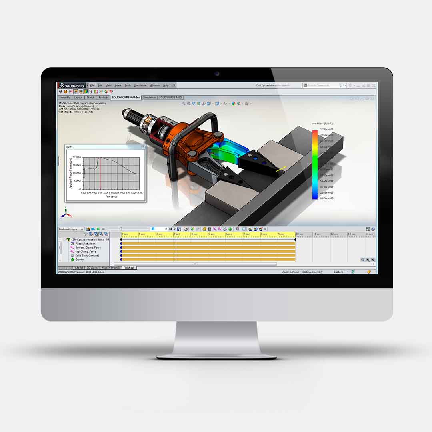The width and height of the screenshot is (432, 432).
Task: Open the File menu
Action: [92, 86]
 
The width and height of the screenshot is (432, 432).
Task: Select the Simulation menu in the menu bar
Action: [140, 86]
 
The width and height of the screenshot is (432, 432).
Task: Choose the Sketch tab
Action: [91, 97]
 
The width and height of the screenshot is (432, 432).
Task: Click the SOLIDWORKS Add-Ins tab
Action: [126, 97]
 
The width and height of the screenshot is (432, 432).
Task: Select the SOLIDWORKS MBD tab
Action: [171, 97]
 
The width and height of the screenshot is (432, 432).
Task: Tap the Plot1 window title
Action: [70, 147]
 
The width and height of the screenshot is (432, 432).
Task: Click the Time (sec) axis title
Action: [111, 196]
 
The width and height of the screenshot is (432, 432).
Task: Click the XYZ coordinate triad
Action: [66, 213]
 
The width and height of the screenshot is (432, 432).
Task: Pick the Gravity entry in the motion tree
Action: [80, 260]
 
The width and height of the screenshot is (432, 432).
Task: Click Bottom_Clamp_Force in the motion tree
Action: [88, 248]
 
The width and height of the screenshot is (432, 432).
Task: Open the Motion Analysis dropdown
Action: [71, 229]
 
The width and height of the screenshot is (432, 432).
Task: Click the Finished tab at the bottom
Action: [129, 268]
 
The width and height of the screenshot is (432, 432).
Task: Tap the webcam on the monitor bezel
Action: [217, 74]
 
